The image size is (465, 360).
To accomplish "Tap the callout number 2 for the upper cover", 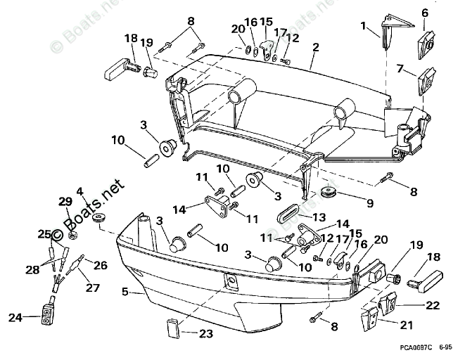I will pyautogui.click(x=316, y=48).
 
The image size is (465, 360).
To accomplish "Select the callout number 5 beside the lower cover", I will pyautogui.click(x=125, y=290).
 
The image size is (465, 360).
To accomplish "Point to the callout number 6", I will pyautogui.click(x=424, y=13).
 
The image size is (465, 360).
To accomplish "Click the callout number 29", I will pyautogui.click(x=65, y=202).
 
